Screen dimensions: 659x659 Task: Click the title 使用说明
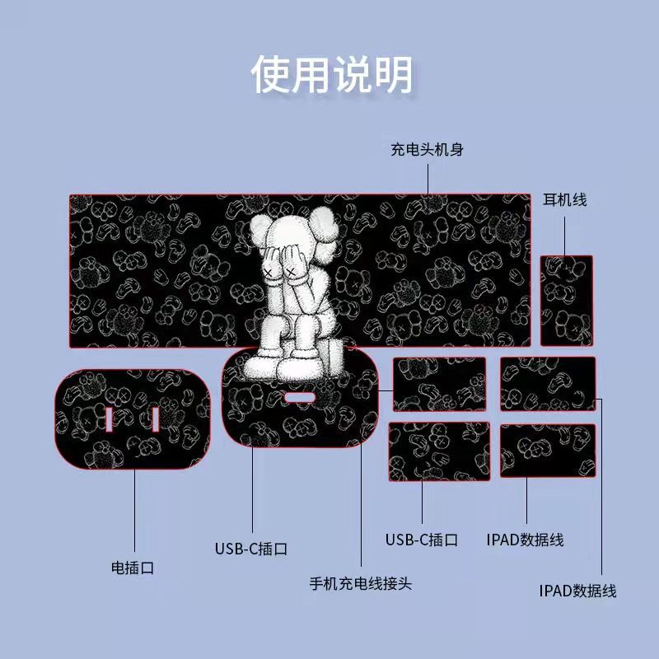point(332,74)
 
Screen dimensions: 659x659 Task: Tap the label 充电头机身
point(427,150)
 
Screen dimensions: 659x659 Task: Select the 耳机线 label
point(564,199)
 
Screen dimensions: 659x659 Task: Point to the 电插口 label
point(133,568)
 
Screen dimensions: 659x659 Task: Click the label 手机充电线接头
point(361,583)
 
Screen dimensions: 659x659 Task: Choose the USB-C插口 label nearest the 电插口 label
point(251,549)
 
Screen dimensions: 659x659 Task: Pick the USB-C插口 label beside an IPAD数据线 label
point(422,540)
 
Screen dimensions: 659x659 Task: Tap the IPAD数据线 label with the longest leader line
point(578,591)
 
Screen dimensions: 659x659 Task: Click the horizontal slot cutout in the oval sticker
point(299,398)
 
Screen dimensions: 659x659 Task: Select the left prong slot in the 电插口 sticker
point(109,419)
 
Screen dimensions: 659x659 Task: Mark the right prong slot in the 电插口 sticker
point(156,419)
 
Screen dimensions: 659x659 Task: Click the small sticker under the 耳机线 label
point(567,301)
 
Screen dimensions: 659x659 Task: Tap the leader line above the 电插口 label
point(134,510)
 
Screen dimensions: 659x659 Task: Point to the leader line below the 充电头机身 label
point(428,180)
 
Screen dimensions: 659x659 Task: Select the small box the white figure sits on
point(334,356)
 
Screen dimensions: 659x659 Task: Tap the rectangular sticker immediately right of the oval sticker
point(440,384)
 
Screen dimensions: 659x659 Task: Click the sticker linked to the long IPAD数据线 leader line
point(548,384)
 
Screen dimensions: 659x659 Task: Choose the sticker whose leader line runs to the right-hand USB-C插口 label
point(439,451)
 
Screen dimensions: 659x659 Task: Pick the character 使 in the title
point(271,74)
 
